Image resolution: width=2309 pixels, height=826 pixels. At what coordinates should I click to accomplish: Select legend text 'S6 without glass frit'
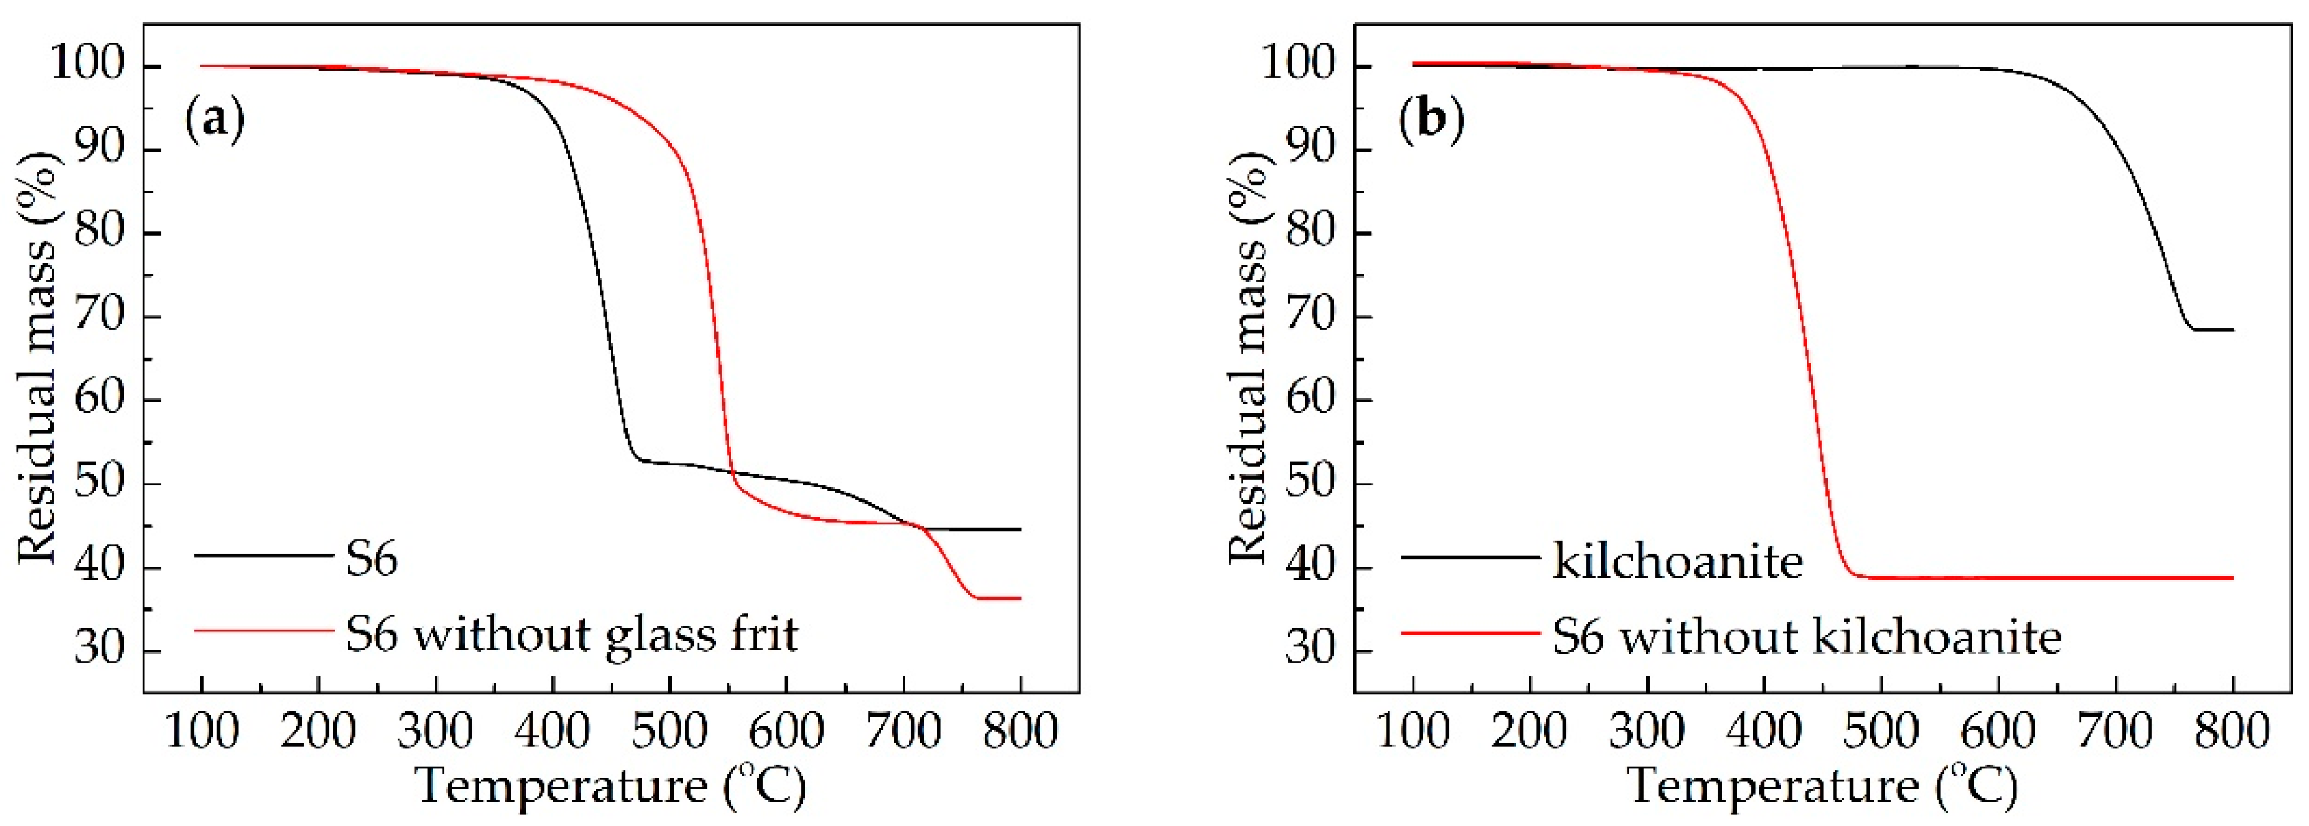(x=572, y=635)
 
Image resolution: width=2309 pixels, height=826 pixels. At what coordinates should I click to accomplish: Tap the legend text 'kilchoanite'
(x=1677, y=562)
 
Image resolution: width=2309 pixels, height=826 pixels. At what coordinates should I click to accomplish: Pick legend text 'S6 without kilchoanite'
(x=1807, y=637)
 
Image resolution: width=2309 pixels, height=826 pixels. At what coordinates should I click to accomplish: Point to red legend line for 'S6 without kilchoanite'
(x=1471, y=633)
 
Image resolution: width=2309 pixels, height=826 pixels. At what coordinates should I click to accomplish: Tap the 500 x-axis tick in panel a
(x=669, y=731)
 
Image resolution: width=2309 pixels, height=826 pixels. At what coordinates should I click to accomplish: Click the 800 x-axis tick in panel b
(x=2232, y=731)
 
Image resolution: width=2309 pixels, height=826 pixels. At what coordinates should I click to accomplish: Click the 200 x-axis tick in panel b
(x=1530, y=731)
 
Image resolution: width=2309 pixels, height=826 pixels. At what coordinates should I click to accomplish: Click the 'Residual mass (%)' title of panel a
(x=37, y=358)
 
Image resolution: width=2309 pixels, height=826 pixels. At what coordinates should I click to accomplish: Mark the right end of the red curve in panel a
(x=1020, y=597)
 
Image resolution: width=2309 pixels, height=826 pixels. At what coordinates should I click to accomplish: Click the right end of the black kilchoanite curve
(x=2232, y=330)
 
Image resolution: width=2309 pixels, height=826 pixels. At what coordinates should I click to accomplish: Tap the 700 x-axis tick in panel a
(x=903, y=731)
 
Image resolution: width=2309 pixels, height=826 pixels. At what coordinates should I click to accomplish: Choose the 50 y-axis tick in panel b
(x=1311, y=482)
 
